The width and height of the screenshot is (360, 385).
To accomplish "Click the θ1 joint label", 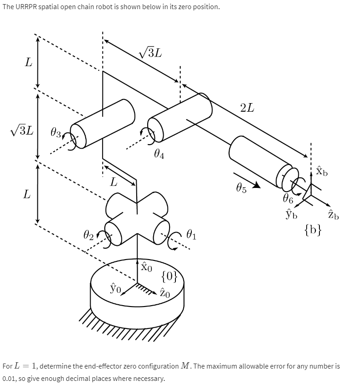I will (191, 235).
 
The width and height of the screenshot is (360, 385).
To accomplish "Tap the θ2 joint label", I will (89, 235).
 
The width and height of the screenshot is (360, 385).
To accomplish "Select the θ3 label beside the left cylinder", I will (56, 133).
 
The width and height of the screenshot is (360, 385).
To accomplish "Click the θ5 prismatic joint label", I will (242, 188).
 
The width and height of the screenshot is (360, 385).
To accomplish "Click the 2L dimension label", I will (247, 108).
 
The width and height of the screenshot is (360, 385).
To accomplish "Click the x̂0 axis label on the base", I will (145, 266).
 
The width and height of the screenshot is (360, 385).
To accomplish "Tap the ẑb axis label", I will (333, 215).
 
